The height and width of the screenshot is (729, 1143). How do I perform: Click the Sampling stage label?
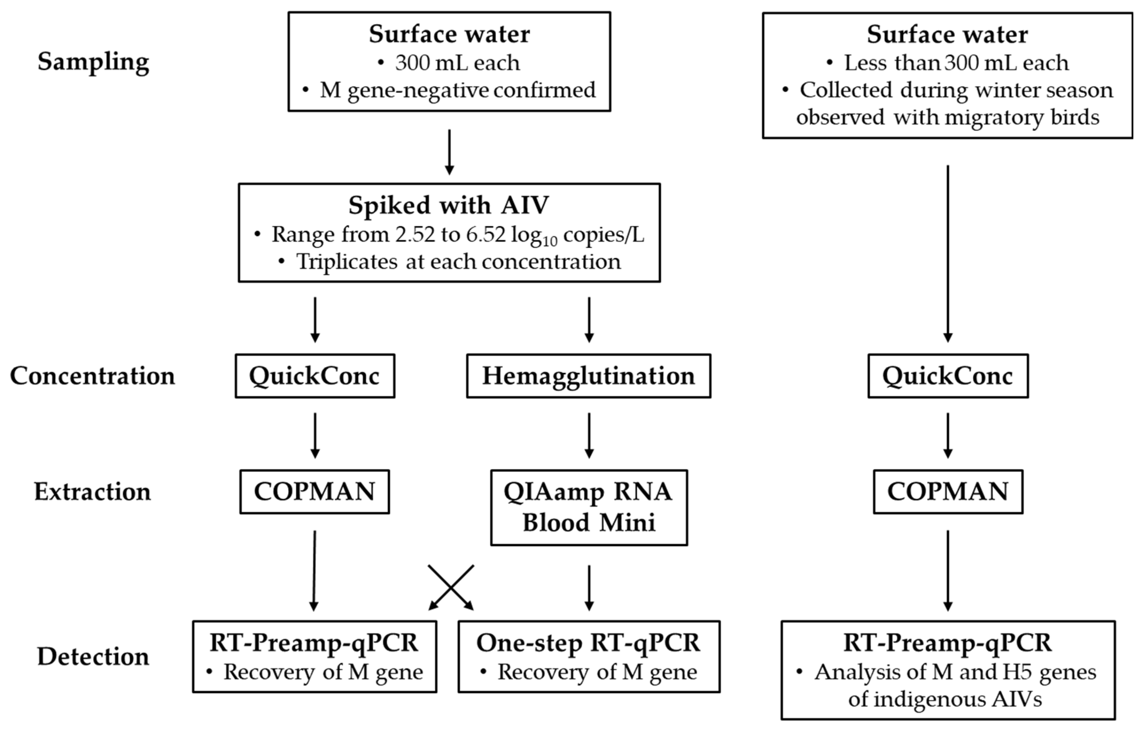94,62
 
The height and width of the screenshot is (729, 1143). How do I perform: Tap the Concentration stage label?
92,376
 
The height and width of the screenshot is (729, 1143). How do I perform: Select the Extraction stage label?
92,492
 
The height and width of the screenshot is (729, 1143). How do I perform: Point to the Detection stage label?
93,657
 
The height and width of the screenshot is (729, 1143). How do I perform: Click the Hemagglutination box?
588,376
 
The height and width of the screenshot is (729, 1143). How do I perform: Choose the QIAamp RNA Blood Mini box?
588,507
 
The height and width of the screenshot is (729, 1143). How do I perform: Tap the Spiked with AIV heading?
449,205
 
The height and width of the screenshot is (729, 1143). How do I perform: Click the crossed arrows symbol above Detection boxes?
451,587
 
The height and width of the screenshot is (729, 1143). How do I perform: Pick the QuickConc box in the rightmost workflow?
948,376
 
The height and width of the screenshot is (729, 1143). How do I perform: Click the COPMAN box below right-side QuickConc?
948,492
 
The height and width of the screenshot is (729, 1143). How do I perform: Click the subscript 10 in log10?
549,242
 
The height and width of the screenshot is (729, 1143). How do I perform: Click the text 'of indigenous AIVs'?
945,699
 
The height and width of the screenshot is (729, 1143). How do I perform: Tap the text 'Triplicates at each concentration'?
459,262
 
